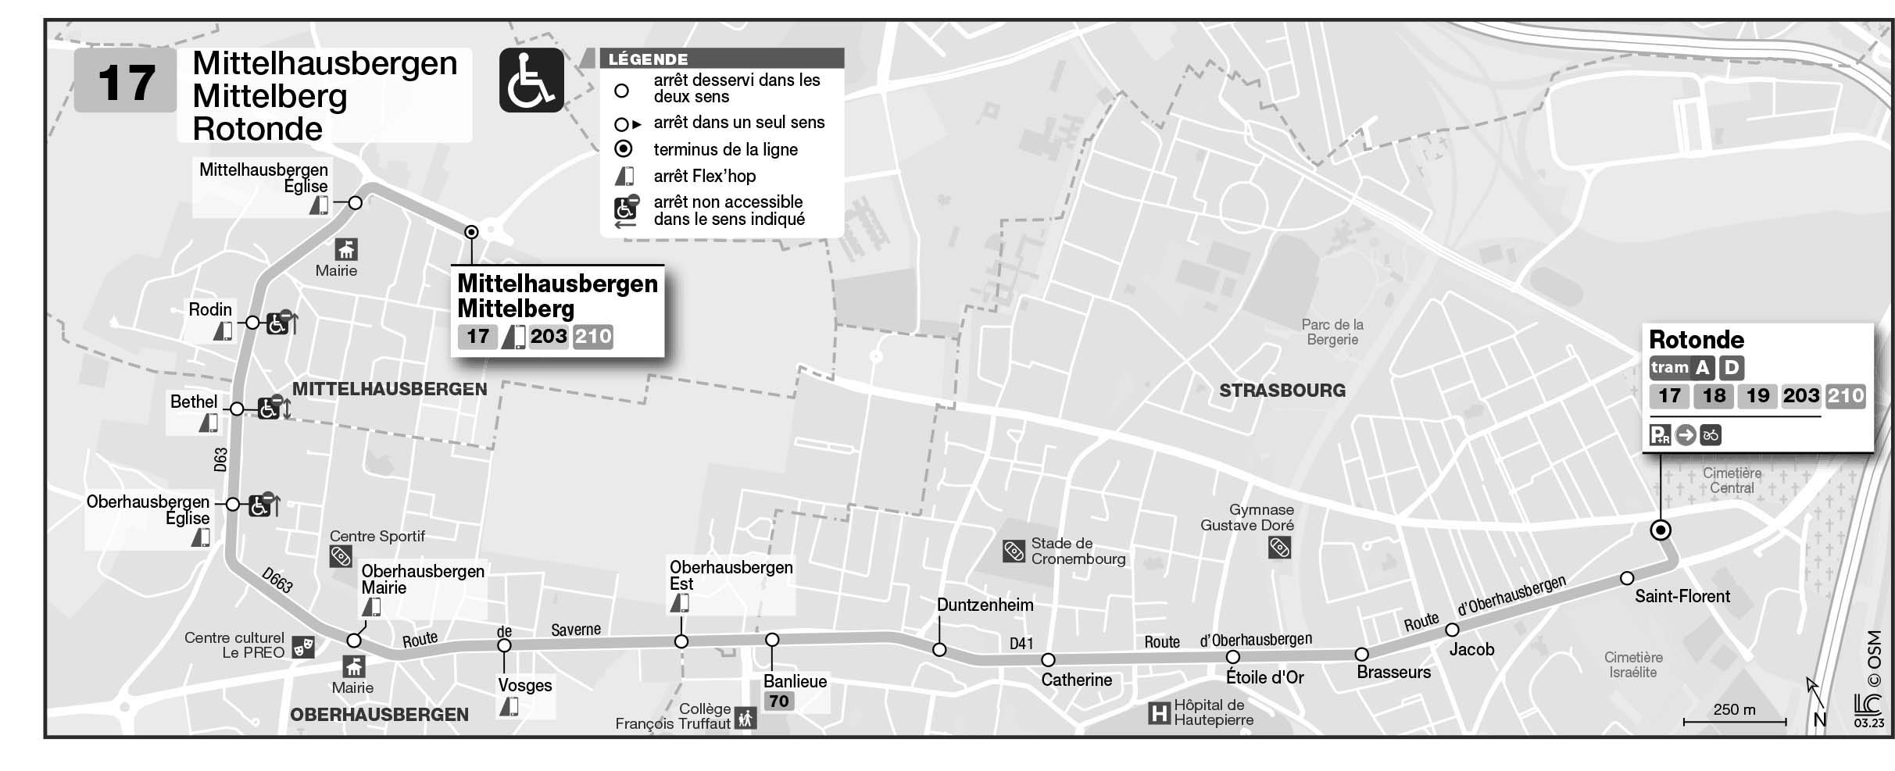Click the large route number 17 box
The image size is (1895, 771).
(125, 81)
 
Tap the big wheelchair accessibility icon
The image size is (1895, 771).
(531, 80)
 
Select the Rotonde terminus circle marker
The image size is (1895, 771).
(1660, 530)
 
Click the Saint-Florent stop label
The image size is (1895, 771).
(1682, 597)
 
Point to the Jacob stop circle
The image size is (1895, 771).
(1452, 630)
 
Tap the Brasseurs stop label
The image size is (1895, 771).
(1393, 673)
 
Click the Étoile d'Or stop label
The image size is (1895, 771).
(1264, 678)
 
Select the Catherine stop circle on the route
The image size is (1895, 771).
(1048, 660)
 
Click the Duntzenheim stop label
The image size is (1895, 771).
(985, 605)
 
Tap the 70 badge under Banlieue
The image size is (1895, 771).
(778, 701)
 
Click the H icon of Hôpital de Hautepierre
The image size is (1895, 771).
(1158, 712)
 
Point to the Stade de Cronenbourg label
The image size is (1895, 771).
(1078, 551)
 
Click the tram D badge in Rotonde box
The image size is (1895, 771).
(1732, 368)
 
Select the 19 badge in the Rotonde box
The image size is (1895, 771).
(1757, 396)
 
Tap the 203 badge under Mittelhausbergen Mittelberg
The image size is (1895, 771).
(548, 337)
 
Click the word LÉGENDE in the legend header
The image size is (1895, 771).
(648, 59)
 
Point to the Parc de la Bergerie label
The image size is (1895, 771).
(1332, 332)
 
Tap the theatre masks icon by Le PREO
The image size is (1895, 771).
(302, 647)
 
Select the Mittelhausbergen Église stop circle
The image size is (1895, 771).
(355, 203)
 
